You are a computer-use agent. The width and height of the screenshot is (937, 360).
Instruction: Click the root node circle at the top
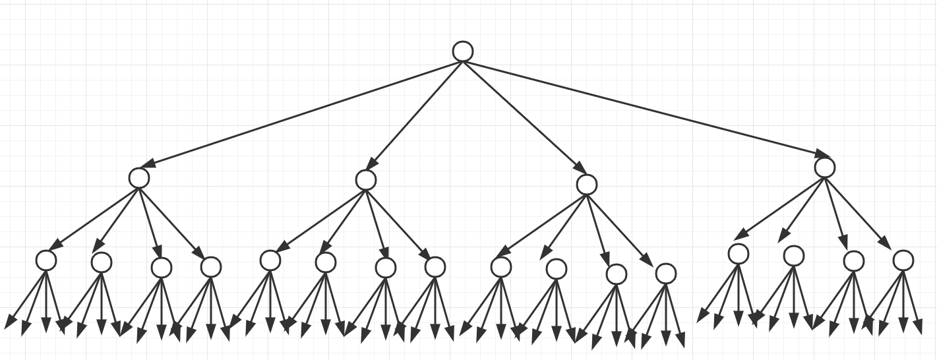click(463, 51)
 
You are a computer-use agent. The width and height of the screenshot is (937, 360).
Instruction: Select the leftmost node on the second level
click(139, 177)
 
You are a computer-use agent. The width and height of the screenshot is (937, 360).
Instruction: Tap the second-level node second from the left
click(365, 179)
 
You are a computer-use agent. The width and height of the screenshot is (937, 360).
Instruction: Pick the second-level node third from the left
click(586, 184)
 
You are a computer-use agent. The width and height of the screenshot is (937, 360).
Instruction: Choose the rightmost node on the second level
click(824, 167)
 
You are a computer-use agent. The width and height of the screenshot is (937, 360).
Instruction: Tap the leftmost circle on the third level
click(46, 260)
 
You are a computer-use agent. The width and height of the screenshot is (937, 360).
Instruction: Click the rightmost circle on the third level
click(903, 260)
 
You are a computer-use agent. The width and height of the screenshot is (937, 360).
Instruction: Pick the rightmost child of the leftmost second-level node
click(210, 266)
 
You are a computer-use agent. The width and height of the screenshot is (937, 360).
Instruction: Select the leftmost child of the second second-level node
click(270, 260)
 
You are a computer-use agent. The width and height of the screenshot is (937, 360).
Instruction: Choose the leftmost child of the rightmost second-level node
click(739, 253)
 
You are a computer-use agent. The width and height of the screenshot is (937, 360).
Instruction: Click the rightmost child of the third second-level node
click(665, 273)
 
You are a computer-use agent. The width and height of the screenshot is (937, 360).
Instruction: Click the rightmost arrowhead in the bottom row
click(917, 326)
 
